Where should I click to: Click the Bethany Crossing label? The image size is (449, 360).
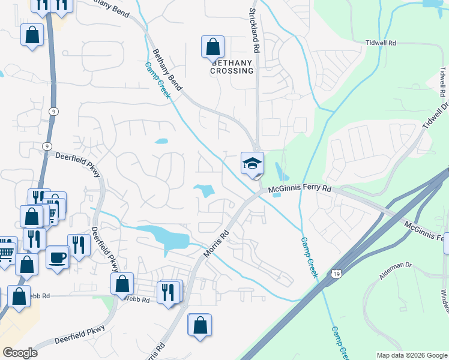tap(232, 67)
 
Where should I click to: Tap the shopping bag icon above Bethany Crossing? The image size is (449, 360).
tap(212, 47)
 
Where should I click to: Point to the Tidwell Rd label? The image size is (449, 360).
tap(381, 43)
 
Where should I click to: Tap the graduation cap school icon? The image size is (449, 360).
tap(253, 163)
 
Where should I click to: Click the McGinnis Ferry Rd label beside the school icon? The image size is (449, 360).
tap(300, 188)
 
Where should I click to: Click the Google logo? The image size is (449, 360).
tap(20, 353)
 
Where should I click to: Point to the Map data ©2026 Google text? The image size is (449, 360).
tap(412, 355)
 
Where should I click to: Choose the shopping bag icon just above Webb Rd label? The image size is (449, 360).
tap(122, 284)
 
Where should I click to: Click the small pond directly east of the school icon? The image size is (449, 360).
tap(279, 171)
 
